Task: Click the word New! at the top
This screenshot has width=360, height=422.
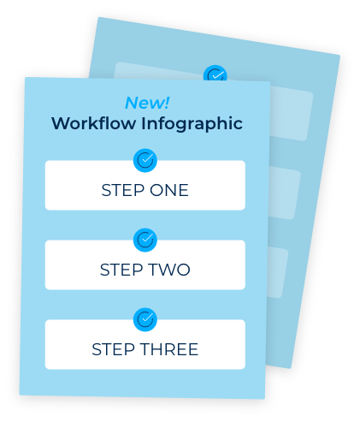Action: [x=147, y=103]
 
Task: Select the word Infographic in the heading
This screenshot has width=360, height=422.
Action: [x=192, y=124]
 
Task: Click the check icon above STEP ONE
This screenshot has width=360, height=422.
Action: [x=145, y=160]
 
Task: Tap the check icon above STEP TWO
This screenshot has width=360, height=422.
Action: [x=145, y=240]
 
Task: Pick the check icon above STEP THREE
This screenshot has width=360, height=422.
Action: [x=145, y=319]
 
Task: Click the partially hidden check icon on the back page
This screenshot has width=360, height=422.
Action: [x=215, y=74]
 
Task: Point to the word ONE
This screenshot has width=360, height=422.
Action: [x=169, y=190]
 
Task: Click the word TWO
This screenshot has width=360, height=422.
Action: [x=169, y=270]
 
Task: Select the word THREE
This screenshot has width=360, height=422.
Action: [x=169, y=349]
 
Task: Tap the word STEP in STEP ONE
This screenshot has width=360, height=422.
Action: [x=123, y=190]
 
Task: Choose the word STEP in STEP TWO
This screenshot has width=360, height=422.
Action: [x=121, y=270]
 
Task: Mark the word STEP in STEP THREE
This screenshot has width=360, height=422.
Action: [x=113, y=349]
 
